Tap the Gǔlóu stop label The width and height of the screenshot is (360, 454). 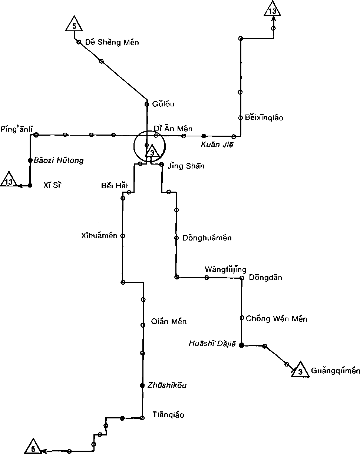163,104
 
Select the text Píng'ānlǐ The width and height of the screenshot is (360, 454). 17,129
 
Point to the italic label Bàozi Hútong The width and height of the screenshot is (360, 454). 59,160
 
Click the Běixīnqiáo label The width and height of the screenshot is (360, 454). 264,118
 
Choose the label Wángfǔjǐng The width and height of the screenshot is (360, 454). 225,269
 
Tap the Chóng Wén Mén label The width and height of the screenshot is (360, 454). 277,318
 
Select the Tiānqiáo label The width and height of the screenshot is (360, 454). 168,415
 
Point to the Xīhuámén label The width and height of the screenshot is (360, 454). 99,235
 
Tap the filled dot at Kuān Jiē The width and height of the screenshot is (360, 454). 204,136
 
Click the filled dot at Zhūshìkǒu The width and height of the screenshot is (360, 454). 142,385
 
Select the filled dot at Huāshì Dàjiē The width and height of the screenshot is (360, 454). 241,345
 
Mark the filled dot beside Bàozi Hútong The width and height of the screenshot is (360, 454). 30,160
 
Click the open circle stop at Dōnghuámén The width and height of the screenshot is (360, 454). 176,238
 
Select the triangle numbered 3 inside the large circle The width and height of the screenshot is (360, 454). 152,152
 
